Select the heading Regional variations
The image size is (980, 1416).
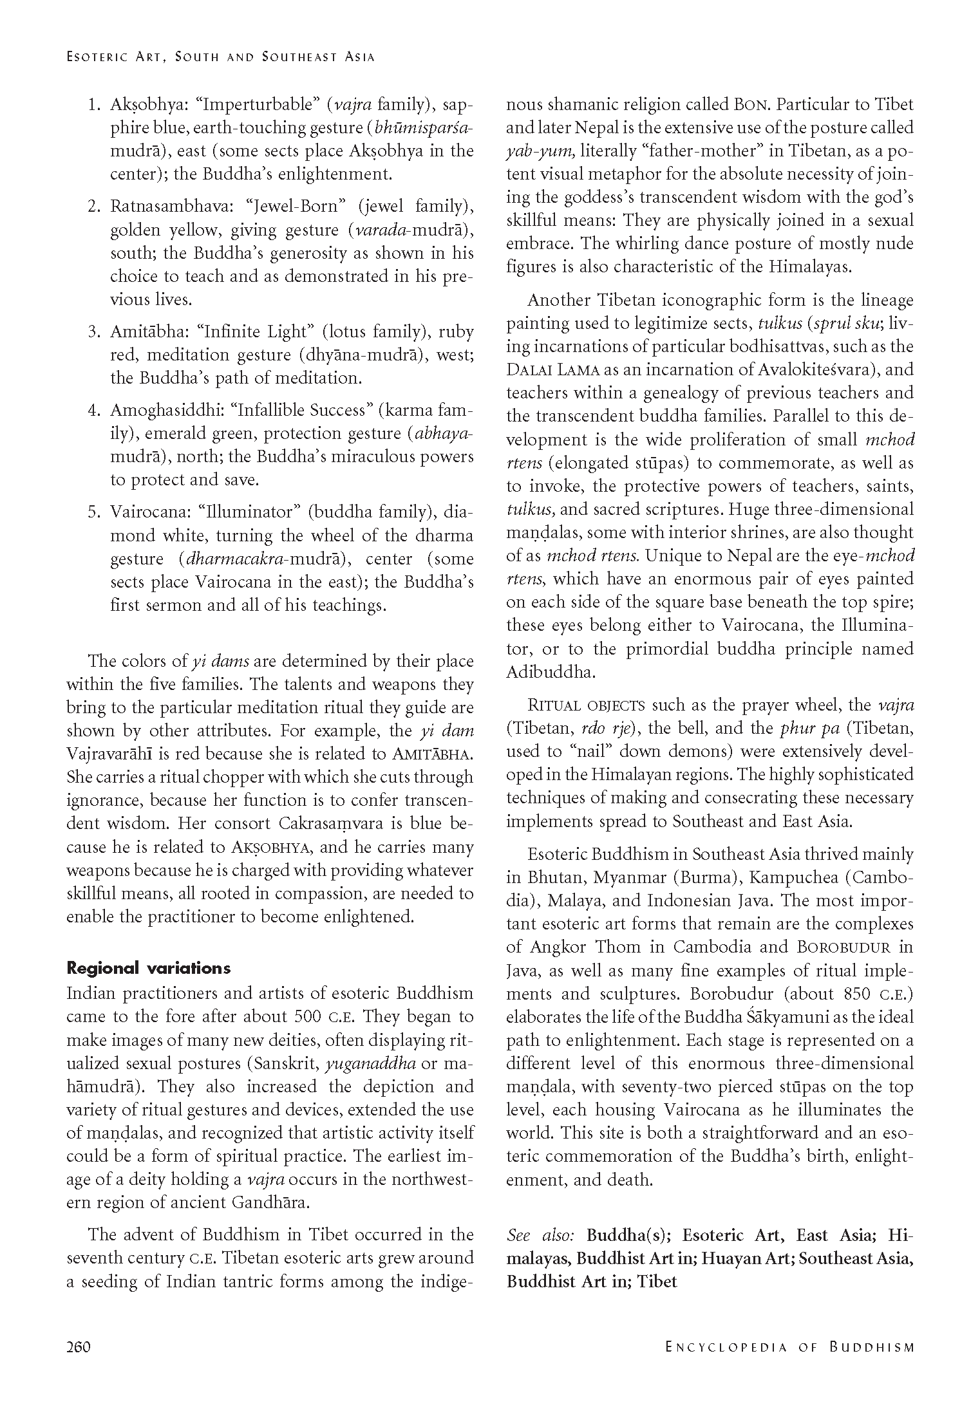[x=148, y=969]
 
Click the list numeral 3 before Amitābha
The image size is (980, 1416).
[x=93, y=332]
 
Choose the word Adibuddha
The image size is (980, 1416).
[x=549, y=673]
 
